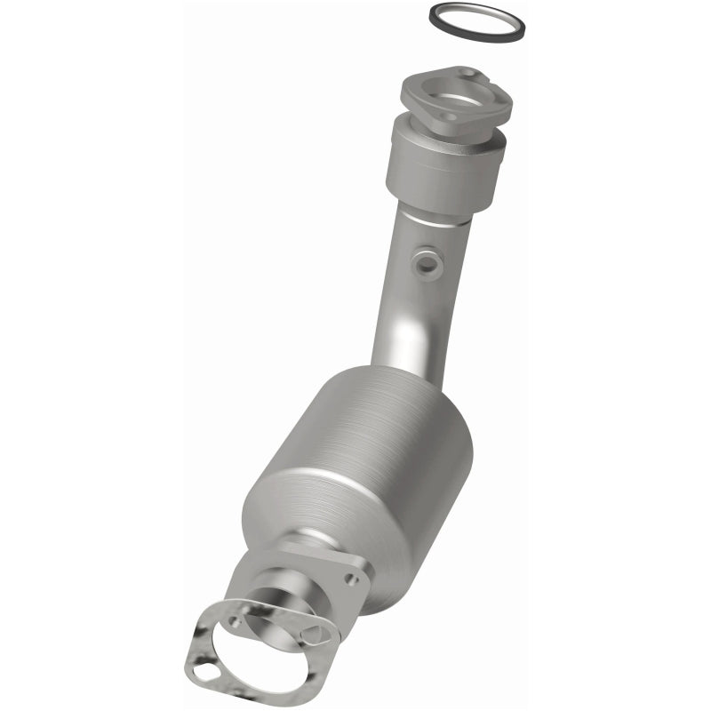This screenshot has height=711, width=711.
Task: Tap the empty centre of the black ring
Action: point(477,20)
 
